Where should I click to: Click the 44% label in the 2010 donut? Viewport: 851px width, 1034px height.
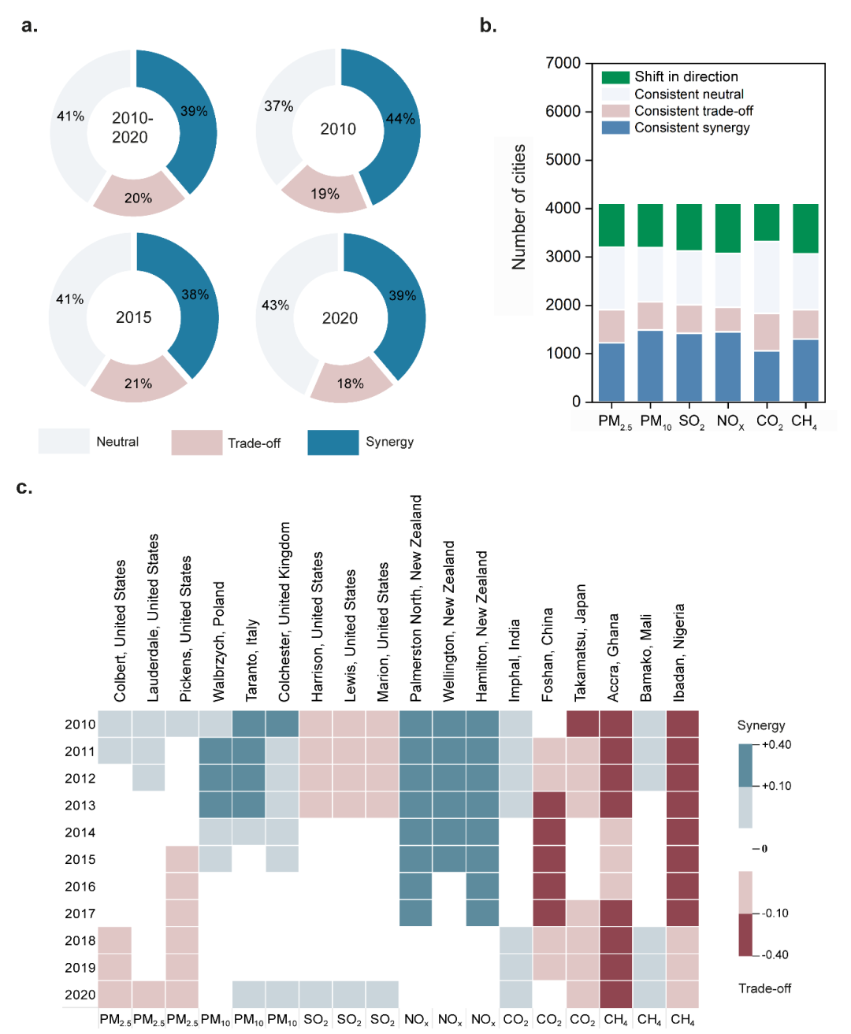point(400,118)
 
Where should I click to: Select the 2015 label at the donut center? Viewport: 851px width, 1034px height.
point(133,317)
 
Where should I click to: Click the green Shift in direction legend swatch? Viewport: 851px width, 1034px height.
point(615,77)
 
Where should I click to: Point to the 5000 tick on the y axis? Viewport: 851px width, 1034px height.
point(563,160)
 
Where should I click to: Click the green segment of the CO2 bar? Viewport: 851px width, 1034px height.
point(766,222)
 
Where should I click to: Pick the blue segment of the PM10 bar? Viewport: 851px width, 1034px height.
point(650,365)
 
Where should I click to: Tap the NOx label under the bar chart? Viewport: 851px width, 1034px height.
point(730,421)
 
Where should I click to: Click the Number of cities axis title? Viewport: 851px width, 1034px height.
point(518,206)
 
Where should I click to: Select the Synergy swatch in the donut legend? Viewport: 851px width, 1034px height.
point(333,443)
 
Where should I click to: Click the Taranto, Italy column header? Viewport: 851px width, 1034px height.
point(251,659)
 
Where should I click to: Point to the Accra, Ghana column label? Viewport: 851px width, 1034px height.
point(612,658)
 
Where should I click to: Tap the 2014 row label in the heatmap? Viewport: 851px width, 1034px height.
point(80,832)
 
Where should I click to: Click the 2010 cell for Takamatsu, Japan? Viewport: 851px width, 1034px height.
point(583,723)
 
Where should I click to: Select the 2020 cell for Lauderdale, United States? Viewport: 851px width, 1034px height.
point(149,994)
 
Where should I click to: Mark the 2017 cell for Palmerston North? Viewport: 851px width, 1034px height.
point(415,913)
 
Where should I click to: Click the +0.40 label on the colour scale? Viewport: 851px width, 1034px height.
point(776,744)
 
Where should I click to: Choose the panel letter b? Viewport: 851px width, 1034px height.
point(488,25)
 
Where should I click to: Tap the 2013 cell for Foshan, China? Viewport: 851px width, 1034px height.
point(549,805)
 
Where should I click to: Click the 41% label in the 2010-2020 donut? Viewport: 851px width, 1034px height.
point(70,117)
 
